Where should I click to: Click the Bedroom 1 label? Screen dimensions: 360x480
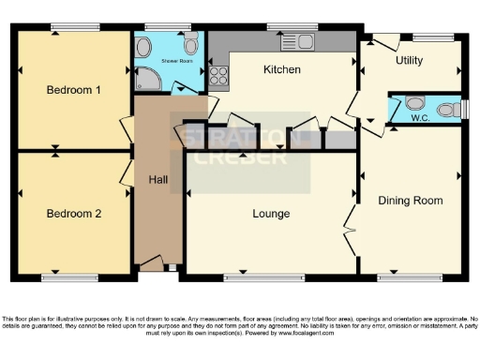tap(73, 91)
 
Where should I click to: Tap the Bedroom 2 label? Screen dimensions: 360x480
tap(73, 213)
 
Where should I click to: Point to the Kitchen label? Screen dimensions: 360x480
tap(281, 70)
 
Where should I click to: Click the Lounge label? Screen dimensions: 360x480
tap(271, 214)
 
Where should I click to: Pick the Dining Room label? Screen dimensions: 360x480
tap(410, 201)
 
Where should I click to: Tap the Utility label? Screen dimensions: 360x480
tap(409, 61)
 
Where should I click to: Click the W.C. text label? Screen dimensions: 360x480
tap(421, 119)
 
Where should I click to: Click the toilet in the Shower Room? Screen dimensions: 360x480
tap(191, 44)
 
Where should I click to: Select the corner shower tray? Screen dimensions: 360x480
tap(149, 79)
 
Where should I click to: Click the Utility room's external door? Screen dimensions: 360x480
tap(383, 41)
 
